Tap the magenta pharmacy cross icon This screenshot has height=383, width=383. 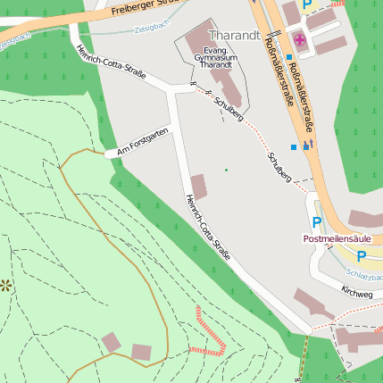[x=299, y=39]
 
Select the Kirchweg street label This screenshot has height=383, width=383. [x=356, y=292]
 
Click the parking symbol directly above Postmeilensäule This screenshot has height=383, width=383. [x=316, y=222]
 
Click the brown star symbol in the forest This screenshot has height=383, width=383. [x=6, y=286]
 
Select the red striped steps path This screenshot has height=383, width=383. [x=210, y=332]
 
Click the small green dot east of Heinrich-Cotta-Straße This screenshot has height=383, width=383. [x=226, y=170]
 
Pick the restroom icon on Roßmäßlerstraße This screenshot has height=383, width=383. [x=308, y=143]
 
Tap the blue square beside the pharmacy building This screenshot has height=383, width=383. [x=289, y=57]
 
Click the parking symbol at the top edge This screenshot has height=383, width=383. [x=307, y=4]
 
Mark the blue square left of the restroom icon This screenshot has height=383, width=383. [x=293, y=146]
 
